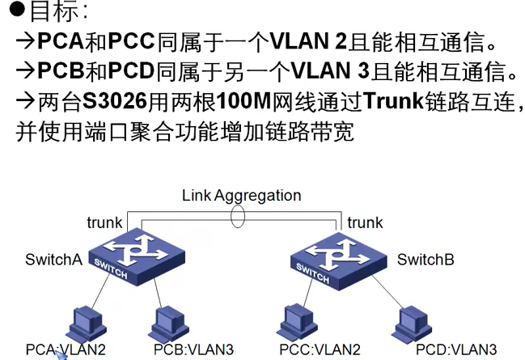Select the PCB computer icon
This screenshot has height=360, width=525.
coord(169,324)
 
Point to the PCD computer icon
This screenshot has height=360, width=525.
coord(412,324)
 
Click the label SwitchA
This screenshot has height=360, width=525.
coord(53,260)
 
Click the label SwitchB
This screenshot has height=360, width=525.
coord(426,260)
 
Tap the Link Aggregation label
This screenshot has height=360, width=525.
coord(241,196)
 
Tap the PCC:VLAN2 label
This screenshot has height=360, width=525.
coord(320,350)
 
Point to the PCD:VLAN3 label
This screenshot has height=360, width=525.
coord(456,350)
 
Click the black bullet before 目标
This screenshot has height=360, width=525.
coord(17,11)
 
